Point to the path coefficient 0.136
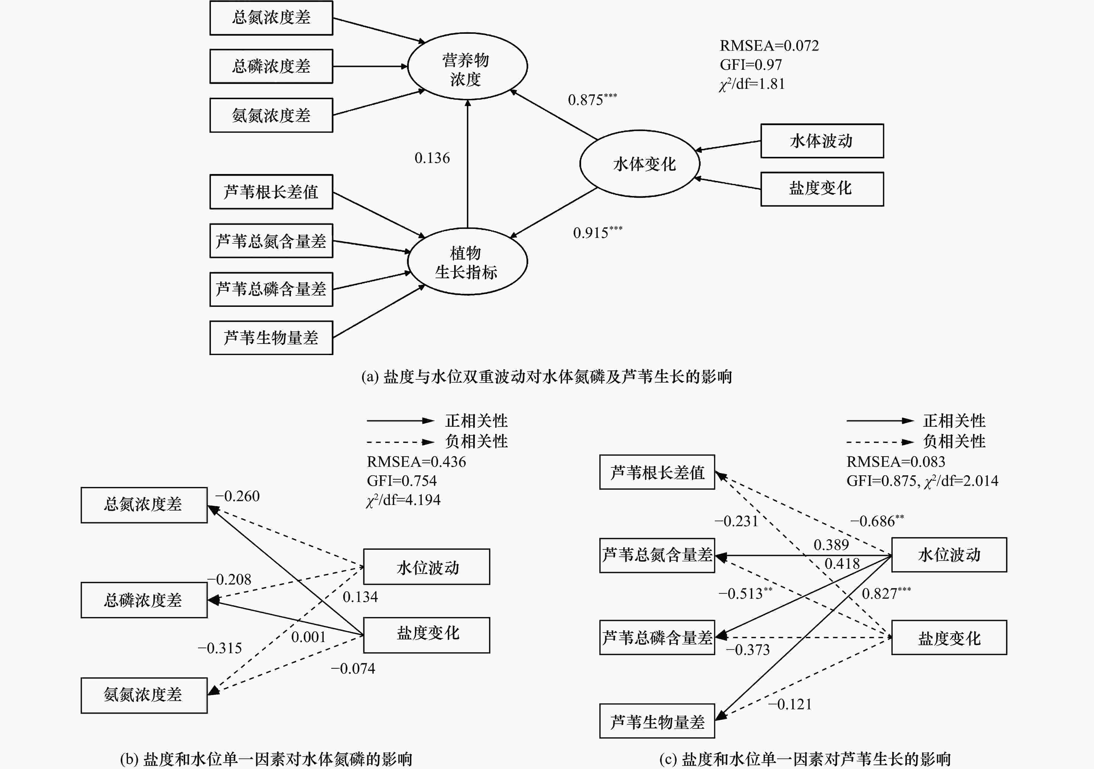[432, 158]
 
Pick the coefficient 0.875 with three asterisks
[592, 99]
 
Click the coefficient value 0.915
[591, 233]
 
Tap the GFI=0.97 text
[750, 64]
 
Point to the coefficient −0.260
[237, 496]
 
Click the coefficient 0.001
[308, 637]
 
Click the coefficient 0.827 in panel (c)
[880, 594]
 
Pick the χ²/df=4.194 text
[403, 500]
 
